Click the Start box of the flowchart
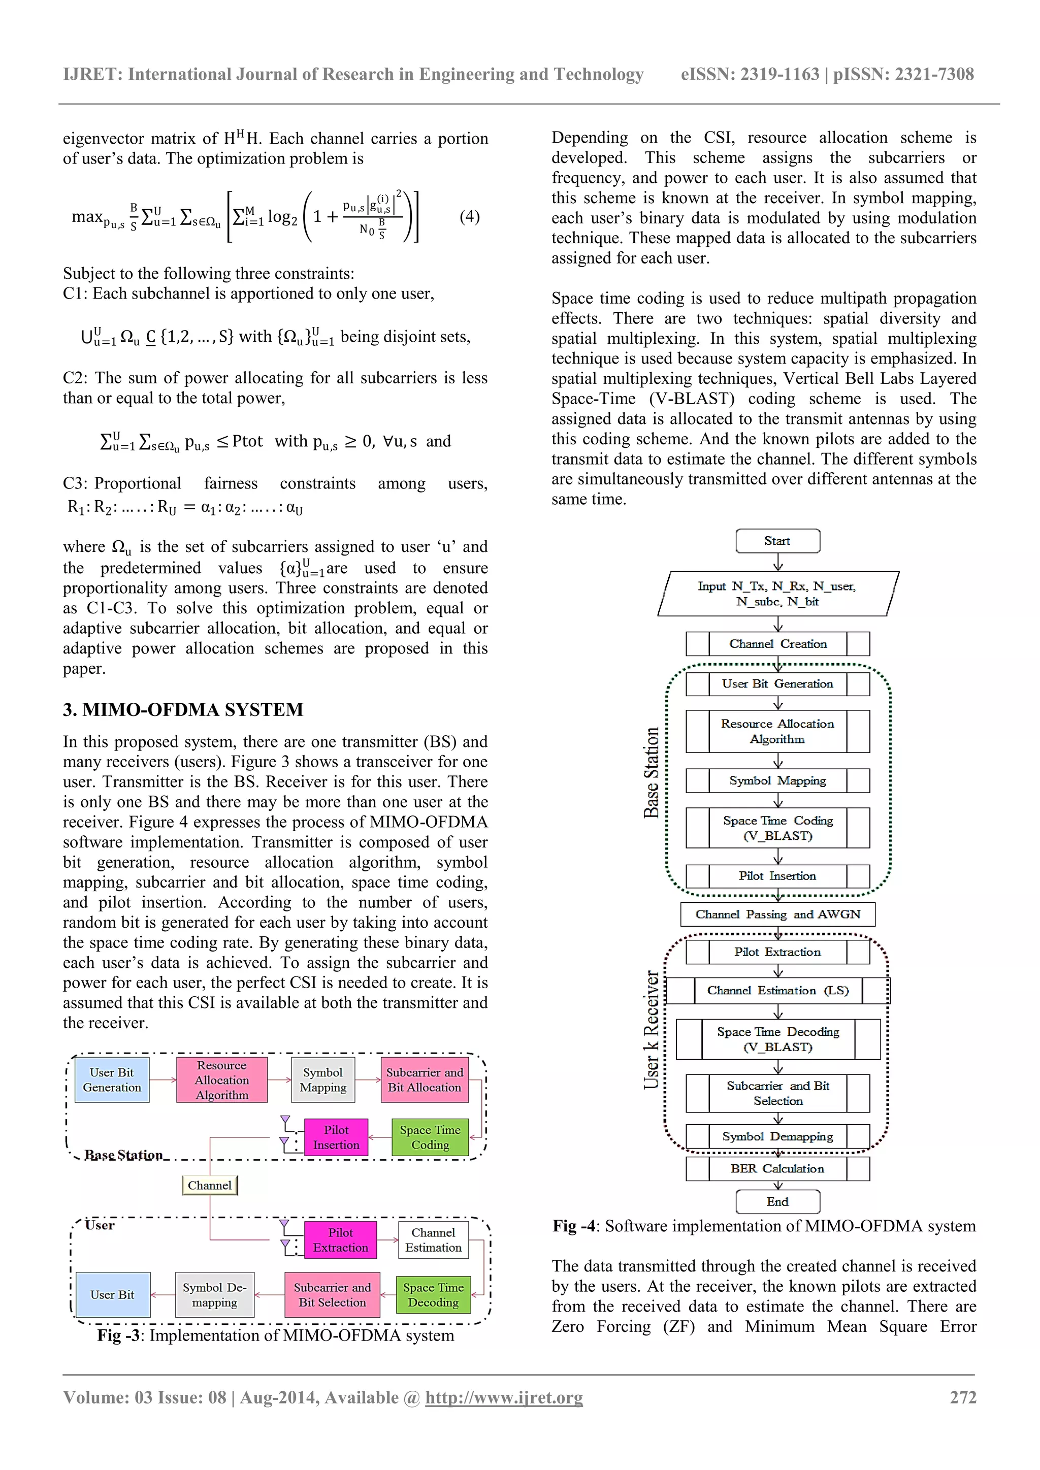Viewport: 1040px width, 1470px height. coord(777,541)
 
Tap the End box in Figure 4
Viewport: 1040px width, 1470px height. coord(777,1202)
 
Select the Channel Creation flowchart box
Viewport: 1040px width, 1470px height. coord(777,644)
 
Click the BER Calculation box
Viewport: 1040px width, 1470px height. coord(777,1168)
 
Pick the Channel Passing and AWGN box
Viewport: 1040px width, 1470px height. coord(777,914)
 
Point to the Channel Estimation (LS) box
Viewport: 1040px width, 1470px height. coord(777,991)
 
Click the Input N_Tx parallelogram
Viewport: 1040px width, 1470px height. coord(777,594)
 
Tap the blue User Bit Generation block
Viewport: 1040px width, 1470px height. coord(112,1080)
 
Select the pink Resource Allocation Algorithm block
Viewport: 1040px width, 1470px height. coord(221,1080)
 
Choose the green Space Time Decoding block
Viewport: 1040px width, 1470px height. coord(434,1295)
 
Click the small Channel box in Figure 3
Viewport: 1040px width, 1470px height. coord(209,1185)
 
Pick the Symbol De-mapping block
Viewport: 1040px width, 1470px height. coord(214,1295)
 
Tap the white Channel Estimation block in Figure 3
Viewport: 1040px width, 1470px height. coord(434,1240)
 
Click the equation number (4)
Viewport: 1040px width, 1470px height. coord(469,216)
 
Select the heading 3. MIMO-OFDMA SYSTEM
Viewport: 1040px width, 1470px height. coord(183,709)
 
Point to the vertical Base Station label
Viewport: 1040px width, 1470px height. coord(652,772)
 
